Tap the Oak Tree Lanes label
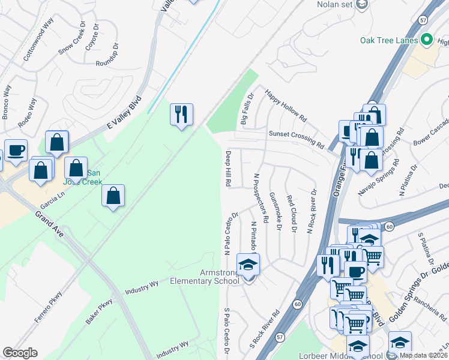tap(389, 41)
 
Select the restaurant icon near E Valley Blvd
tap(182, 114)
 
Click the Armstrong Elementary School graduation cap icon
tap(248, 264)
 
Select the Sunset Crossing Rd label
tap(296, 139)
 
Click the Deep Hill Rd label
tap(229, 169)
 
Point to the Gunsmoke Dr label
tap(276, 211)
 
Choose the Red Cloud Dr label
tap(291, 214)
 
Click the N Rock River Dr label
tap(313, 211)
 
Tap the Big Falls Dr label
tap(247, 108)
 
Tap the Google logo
tap(20, 353)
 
